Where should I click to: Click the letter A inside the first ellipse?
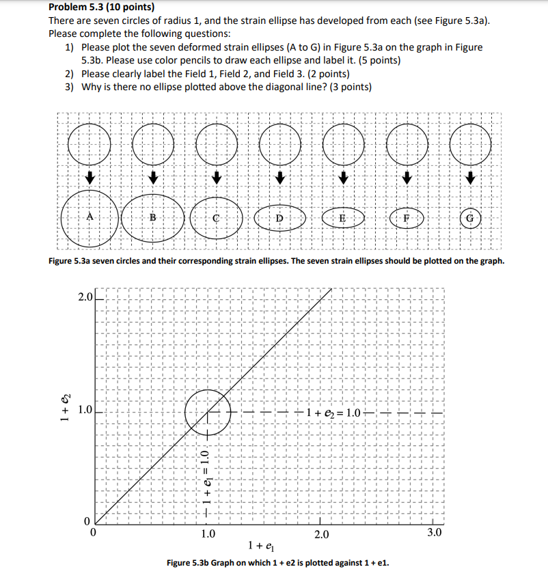pyautogui.click(x=90, y=217)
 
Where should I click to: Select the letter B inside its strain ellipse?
pyautogui.click(x=152, y=217)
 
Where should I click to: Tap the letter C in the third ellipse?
pyautogui.click(x=216, y=219)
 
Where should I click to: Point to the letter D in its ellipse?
pyautogui.click(x=279, y=218)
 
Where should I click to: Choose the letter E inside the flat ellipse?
pyautogui.click(x=342, y=218)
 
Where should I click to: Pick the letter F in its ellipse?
pyautogui.click(x=406, y=219)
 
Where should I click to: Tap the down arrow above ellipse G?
pyautogui.click(x=469, y=179)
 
